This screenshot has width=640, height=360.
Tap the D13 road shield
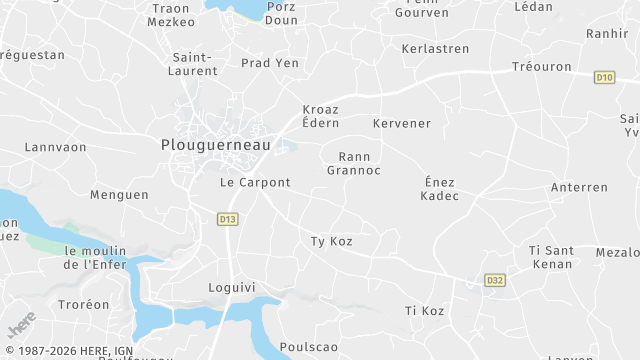click(x=227, y=219)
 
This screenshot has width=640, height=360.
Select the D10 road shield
click(x=603, y=77)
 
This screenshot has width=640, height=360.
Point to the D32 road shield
click(x=493, y=281)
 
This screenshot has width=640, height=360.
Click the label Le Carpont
click(x=255, y=183)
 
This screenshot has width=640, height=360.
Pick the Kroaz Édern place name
click(x=321, y=116)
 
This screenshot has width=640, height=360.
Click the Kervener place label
click(x=401, y=123)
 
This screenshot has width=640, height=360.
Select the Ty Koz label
click(x=332, y=241)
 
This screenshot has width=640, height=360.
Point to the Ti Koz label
click(x=424, y=311)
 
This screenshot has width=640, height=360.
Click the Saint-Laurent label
click(x=195, y=64)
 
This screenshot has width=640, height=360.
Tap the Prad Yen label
click(x=270, y=63)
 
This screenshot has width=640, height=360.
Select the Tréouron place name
click(x=541, y=67)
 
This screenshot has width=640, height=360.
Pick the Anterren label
click(x=579, y=187)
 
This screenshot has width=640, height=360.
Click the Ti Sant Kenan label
click(x=550, y=256)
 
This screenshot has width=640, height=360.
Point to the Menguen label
click(x=119, y=195)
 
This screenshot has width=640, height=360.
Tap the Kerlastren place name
click(x=435, y=48)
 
